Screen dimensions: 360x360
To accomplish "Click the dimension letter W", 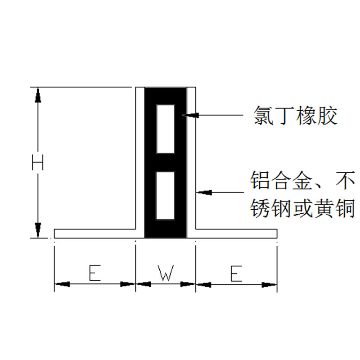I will pos(166,274).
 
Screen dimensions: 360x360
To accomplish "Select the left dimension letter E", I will pos(94,274).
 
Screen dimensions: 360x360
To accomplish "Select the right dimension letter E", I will pos(236,274).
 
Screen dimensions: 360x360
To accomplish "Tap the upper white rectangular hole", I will pos(165,129).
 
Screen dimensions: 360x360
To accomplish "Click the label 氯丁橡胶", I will pos(295,116).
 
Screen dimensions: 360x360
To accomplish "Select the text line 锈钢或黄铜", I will pos(302,208).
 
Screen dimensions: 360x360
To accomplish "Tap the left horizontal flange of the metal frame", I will pos(94,234).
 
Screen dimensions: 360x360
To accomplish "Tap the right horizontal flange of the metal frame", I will pos(236,234).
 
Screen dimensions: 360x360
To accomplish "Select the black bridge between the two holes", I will pos(165,162).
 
